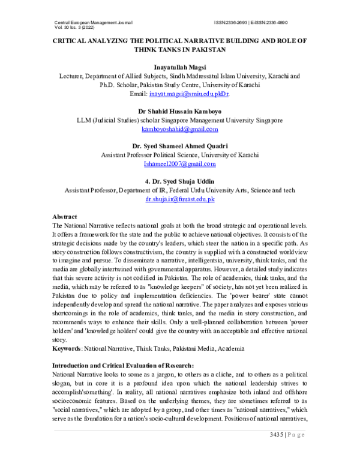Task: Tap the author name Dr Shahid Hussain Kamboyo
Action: pyautogui.click(x=180, y=111)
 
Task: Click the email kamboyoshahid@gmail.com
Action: pyautogui.click(x=180, y=129)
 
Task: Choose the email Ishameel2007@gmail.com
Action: pyautogui.click(x=180, y=164)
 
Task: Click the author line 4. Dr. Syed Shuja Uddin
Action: pyautogui.click(x=180, y=181)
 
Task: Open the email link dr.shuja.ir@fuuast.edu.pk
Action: pyautogui.click(x=180, y=199)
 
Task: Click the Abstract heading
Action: pyautogui.click(x=65, y=216)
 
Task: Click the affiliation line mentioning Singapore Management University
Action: pyautogui.click(x=180, y=120)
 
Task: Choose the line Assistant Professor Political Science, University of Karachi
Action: pyautogui.click(x=180, y=155)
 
